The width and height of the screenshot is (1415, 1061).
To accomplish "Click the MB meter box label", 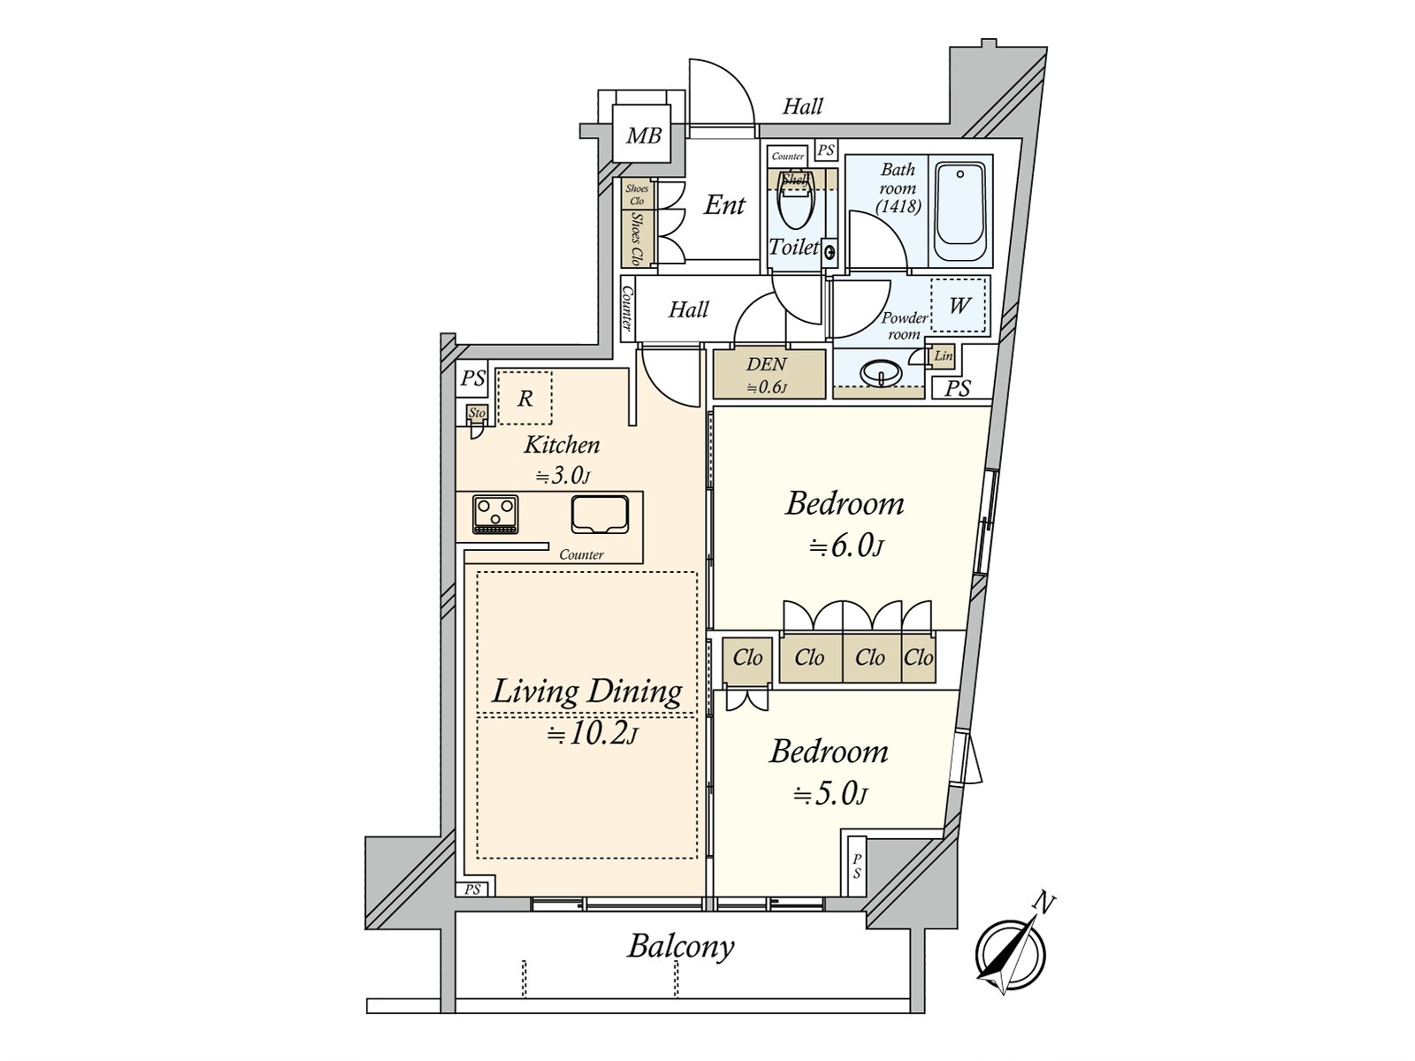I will (644, 136).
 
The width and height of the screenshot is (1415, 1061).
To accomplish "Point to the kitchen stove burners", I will (495, 514).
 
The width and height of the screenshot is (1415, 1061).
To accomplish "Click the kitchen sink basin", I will (599, 514).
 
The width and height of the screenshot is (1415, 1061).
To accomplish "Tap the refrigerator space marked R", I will (524, 399).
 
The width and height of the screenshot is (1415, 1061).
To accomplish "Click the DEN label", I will (766, 364).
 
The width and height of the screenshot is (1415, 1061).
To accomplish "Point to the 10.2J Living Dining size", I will (592, 734).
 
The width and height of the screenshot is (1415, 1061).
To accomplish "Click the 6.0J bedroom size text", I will (846, 546).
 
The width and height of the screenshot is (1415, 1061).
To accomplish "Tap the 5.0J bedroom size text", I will (830, 794).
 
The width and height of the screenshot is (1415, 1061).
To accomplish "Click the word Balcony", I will (681, 946).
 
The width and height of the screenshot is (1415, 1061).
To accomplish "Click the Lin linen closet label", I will (944, 356).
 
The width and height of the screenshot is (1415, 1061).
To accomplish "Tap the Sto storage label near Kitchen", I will (478, 413).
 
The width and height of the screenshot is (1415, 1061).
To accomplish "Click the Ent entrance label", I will (724, 205).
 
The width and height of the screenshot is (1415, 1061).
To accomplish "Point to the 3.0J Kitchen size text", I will (562, 476).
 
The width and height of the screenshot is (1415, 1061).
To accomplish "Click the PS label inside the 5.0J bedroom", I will (856, 866).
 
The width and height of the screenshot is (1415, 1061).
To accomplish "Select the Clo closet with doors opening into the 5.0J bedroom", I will (747, 658).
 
